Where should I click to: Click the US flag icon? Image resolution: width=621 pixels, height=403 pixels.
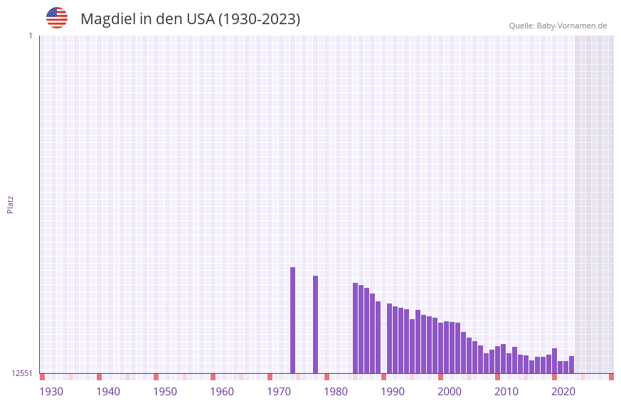tap(57, 18)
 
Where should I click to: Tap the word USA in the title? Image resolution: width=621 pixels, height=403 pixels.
tap(200, 19)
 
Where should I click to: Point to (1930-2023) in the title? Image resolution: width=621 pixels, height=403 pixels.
tap(259, 19)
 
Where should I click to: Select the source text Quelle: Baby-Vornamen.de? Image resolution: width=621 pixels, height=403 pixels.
tap(558, 26)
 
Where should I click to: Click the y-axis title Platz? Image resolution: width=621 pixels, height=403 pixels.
tap(10, 204)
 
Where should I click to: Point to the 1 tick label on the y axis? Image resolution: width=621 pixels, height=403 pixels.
tap(30, 36)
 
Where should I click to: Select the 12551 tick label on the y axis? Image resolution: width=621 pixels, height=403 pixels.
tap(22, 373)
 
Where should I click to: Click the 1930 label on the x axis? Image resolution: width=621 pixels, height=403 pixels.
tap(51, 392)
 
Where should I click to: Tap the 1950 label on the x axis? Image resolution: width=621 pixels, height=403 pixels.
tap(165, 392)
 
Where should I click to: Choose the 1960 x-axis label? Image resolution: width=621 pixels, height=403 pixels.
tap(222, 392)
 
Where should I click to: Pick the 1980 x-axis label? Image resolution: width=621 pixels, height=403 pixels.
tap(336, 392)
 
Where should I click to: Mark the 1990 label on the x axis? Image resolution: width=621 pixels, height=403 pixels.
tap(393, 392)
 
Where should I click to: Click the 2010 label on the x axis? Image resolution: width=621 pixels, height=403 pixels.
tap(506, 392)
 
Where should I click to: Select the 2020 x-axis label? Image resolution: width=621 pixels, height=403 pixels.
tap(563, 392)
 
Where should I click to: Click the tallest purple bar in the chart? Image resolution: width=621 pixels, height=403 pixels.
tap(292, 320)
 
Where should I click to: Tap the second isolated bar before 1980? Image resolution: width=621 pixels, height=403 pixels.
tap(315, 324)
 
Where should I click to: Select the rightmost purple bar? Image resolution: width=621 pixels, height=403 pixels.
tap(571, 365)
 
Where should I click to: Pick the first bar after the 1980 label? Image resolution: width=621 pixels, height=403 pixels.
tap(355, 328)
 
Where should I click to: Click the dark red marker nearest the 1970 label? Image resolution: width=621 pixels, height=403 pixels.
tap(270, 377)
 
